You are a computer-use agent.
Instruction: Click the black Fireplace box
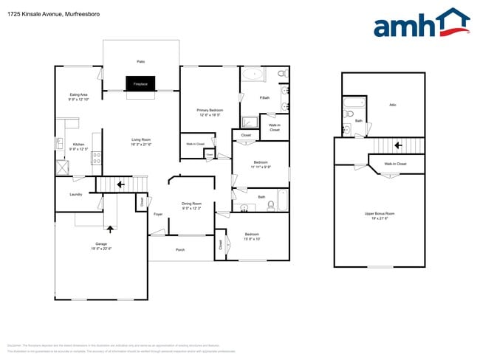click(x=140, y=84)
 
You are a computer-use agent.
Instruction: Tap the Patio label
click(x=140, y=62)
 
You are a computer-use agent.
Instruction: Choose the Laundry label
click(x=75, y=194)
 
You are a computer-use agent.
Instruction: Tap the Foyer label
click(x=157, y=214)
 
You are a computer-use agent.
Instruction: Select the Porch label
click(x=180, y=250)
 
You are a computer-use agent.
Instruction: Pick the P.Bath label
click(x=264, y=98)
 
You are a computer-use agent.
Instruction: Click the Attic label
click(x=392, y=104)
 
